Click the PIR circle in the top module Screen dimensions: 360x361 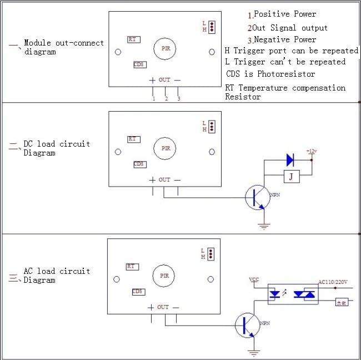pyautogui.click(x=166, y=49)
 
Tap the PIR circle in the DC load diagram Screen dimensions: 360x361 pyautogui.click(x=166, y=148)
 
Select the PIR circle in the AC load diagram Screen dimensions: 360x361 pyautogui.click(x=164, y=276)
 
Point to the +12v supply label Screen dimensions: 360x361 pyautogui.click(x=312, y=151)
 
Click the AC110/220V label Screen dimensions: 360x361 pyautogui.click(x=333, y=282)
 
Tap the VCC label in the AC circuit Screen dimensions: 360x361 pyautogui.click(x=254, y=279)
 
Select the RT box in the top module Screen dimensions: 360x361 pyautogui.click(x=133, y=39)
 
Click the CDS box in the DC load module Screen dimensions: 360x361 pyautogui.click(x=139, y=164)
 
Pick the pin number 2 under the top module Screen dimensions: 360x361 pyautogui.click(x=166, y=99)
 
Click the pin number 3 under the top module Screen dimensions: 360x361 pyautogui.click(x=178, y=99)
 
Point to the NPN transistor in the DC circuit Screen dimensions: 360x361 pyautogui.click(x=257, y=198)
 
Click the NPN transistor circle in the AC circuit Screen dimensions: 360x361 pyautogui.click(x=247, y=325)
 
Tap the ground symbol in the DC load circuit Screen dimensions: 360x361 pyautogui.click(x=264, y=225)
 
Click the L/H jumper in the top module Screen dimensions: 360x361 pyautogui.click(x=212, y=26)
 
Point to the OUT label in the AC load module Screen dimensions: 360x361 pyautogui.click(x=163, y=307)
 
